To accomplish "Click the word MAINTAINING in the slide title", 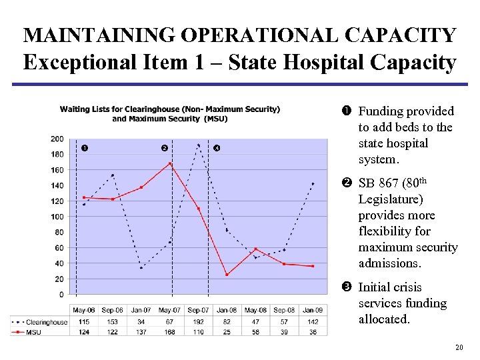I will click(98, 35).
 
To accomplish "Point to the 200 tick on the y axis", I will click(57, 139).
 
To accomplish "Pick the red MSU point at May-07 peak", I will click(170, 163).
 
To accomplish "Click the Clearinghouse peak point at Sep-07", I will click(198, 145).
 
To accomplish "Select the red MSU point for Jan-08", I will click(227, 275).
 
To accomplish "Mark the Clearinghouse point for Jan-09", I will click(313, 183).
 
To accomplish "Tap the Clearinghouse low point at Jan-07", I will click(141, 268).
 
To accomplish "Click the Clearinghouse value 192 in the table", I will click(198, 322).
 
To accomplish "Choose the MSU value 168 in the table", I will click(169, 331).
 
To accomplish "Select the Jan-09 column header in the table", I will click(313, 311).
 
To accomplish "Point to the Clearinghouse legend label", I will click(47, 322).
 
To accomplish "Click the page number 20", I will click(458, 347).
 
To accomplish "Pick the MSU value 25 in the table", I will click(227, 331).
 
